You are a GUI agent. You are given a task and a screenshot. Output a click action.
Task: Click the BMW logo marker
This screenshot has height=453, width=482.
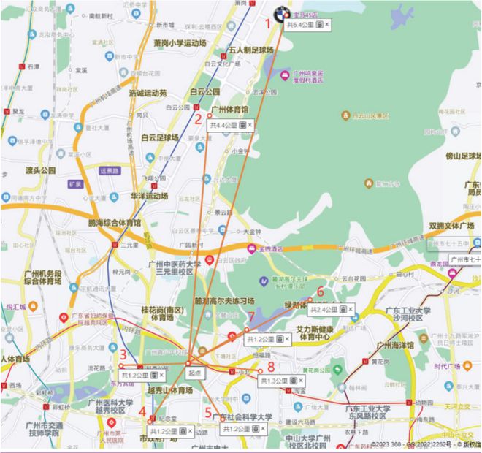[280, 13]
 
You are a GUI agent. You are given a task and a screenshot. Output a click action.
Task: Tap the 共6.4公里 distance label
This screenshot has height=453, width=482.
[299, 26]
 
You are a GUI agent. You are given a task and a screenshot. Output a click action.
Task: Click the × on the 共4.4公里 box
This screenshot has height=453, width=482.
[250, 126]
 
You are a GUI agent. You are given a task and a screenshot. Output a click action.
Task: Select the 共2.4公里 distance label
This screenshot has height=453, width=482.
[325, 310]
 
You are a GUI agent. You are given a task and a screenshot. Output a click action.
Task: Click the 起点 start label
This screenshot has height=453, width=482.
[194, 372]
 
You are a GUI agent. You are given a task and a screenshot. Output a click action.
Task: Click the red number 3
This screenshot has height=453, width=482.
[123, 355]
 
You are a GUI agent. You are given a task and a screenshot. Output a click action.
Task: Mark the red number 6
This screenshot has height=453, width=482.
[320, 292]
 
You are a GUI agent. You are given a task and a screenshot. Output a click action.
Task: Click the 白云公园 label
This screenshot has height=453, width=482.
[204, 93]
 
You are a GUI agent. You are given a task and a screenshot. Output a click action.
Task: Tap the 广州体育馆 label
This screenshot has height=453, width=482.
[229, 110]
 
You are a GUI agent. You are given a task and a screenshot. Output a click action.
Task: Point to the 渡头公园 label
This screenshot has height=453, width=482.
[40, 170]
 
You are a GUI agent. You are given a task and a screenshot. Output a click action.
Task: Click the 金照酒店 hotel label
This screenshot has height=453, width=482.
[270, 248]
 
